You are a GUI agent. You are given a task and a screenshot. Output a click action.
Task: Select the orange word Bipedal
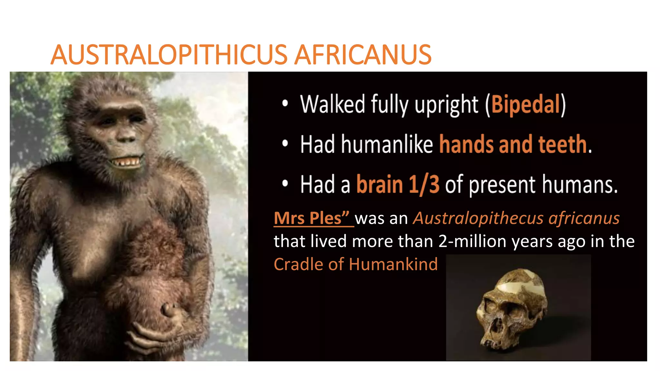click(x=526, y=104)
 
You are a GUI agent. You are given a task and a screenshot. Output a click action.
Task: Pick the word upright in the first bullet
click(x=446, y=105)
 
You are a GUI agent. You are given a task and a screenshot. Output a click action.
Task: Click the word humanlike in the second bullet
click(x=387, y=144)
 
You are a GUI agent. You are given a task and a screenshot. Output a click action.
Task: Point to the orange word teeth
click(x=562, y=144)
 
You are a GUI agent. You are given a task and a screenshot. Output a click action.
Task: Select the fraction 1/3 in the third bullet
click(x=424, y=185)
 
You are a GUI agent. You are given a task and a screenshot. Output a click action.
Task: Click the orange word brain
click(x=380, y=185)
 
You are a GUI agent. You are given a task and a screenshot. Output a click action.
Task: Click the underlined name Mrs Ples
click(x=311, y=218)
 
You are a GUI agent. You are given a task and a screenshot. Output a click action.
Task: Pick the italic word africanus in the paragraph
click(x=584, y=218)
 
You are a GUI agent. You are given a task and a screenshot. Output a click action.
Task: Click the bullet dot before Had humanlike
click(x=285, y=144)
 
